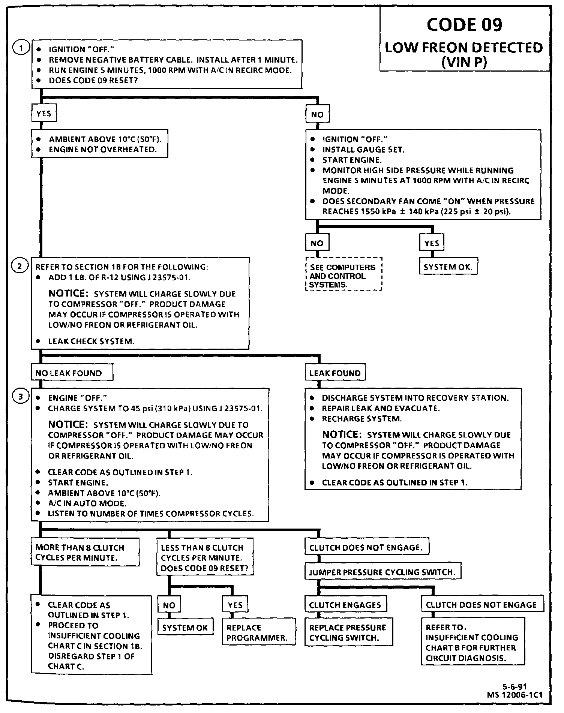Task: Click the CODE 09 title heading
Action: click(464, 25)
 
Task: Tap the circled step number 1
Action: click(21, 48)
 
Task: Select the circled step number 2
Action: click(21, 266)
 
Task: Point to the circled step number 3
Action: click(21, 397)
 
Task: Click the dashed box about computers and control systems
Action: click(343, 276)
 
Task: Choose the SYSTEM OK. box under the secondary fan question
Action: click(448, 267)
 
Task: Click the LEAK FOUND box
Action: click(334, 373)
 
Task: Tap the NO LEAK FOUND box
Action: click(71, 373)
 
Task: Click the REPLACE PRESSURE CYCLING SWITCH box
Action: click(348, 632)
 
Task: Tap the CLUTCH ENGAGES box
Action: click(345, 605)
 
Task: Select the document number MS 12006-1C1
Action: click(514, 695)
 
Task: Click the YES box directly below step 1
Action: click(44, 114)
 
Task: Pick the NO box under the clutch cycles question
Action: click(169, 605)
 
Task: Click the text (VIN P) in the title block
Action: click(464, 62)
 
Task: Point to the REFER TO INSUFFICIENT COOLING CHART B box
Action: click(472, 642)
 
